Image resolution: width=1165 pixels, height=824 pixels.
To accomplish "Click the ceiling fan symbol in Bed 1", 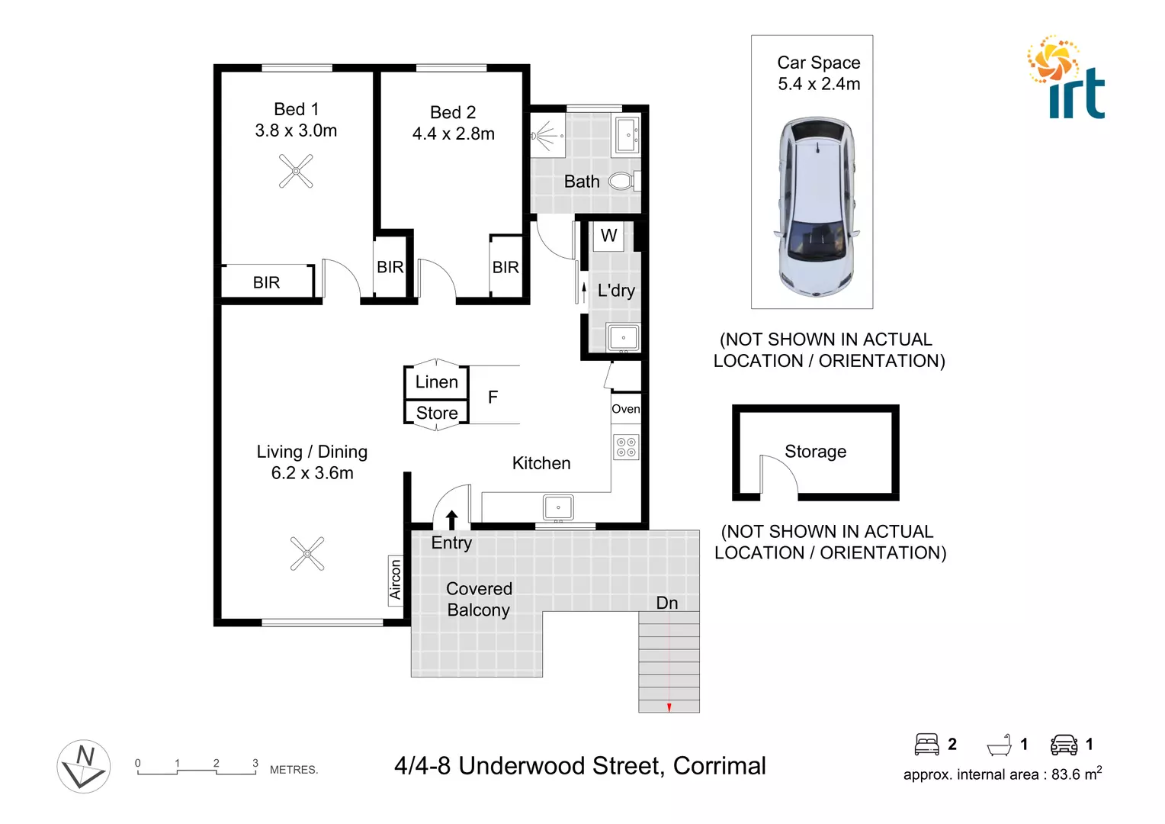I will pos(296,171).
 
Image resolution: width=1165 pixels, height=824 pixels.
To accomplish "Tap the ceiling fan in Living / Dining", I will pos(307,554).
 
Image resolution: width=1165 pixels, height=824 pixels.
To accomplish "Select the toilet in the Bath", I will pos(622,182).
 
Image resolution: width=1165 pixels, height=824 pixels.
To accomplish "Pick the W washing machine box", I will pos(608,236).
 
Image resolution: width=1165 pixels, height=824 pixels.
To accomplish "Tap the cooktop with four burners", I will pos(626,447).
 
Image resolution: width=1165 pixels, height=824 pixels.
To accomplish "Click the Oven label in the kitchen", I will pos(626,409).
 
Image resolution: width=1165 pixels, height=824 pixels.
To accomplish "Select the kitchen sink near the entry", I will pos(558,507).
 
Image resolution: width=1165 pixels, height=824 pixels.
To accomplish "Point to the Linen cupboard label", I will pos(437,382).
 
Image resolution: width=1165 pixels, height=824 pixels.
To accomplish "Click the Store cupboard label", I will pos(437,414).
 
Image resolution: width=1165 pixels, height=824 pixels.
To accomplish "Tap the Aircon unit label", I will pos(395,580).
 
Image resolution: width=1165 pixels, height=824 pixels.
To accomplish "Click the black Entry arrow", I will pos(451,520).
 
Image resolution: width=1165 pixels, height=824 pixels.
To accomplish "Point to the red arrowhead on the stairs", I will pos(669,708).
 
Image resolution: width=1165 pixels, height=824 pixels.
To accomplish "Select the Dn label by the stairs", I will pos(667,603).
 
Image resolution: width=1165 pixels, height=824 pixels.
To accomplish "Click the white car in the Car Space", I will pos(815,207).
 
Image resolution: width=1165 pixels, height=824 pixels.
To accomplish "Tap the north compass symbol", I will pos(84,766).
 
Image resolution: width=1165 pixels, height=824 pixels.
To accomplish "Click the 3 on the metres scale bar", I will pos(255,763).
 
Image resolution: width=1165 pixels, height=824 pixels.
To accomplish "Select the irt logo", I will pos(1067,79).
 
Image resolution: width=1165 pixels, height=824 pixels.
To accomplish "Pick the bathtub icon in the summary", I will pos(999,745).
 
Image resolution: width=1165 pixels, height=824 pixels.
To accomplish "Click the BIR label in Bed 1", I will pos(266,283).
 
